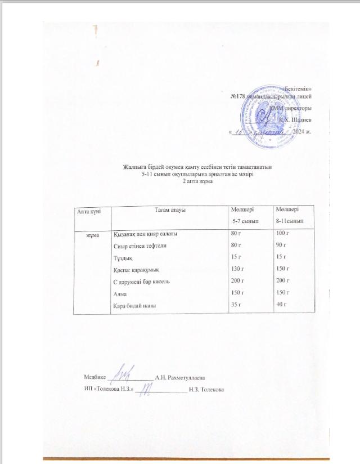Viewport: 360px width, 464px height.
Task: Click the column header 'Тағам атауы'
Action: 170,210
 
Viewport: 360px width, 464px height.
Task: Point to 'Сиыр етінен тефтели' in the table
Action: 140,246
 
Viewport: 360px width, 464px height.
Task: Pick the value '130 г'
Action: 239,269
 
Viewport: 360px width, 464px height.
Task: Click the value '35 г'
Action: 237,305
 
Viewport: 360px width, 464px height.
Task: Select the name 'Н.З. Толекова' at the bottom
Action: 207,389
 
